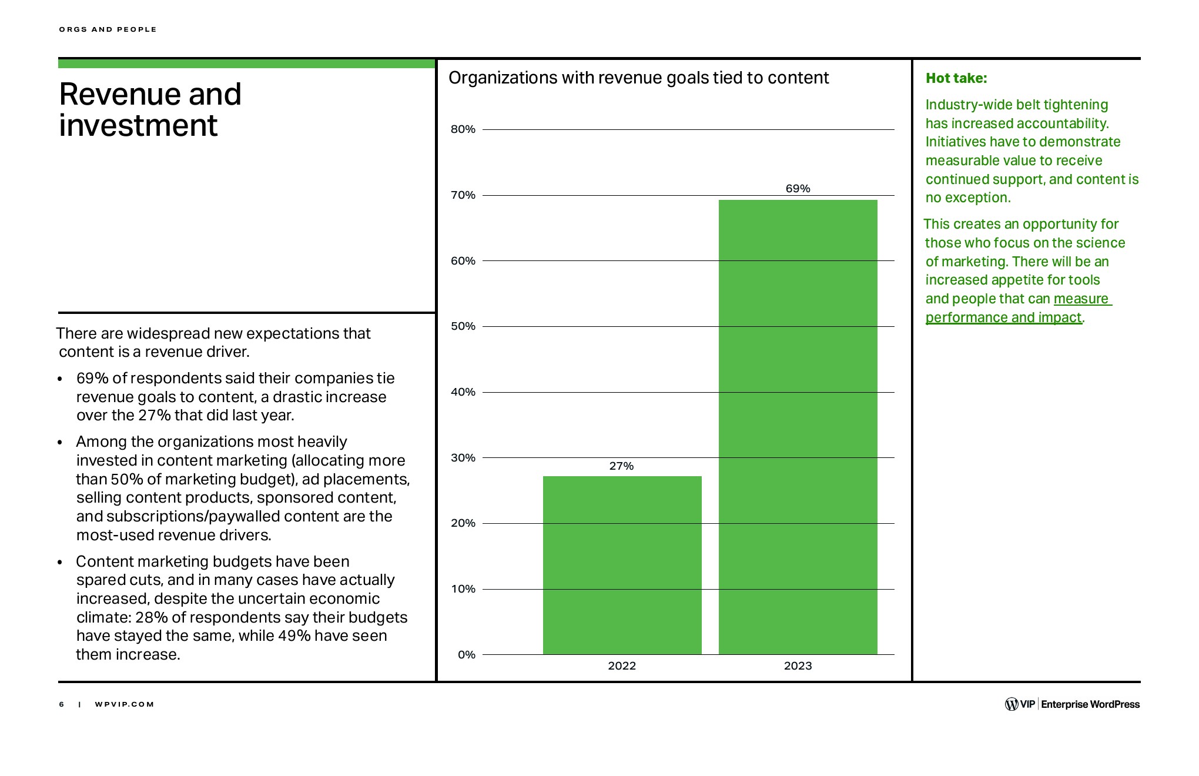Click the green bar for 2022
(x=622, y=564)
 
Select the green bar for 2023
(x=798, y=427)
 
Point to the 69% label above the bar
(x=798, y=189)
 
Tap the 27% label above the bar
(x=621, y=466)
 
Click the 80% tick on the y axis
(x=463, y=129)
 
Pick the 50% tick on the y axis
(x=463, y=326)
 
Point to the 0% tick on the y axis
(x=467, y=654)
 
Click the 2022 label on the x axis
(x=622, y=666)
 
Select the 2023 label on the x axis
(x=798, y=666)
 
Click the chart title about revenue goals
(x=638, y=78)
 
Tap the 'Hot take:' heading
(x=956, y=78)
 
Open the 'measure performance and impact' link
(x=1003, y=317)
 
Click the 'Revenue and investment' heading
(x=150, y=110)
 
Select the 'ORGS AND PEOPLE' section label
(x=108, y=29)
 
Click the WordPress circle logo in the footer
(x=1012, y=704)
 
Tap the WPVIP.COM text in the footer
(x=124, y=704)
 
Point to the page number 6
(x=62, y=704)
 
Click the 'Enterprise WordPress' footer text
(x=1090, y=704)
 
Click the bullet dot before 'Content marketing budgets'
(x=60, y=563)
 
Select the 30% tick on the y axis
(x=463, y=458)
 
